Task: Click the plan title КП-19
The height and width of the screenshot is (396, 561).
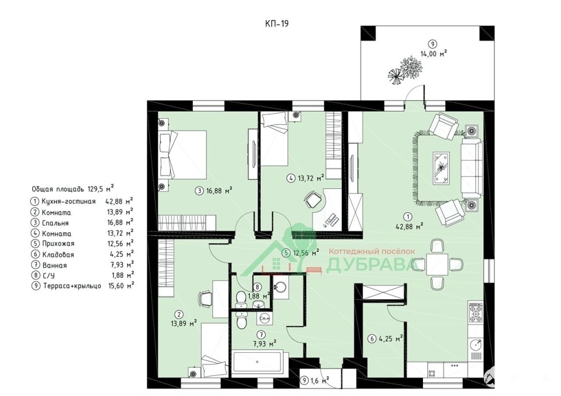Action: tap(277, 24)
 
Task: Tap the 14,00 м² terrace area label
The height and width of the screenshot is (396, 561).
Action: tap(434, 54)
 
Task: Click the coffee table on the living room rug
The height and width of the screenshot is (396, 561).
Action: tap(442, 168)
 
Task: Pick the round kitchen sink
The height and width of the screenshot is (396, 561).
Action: tap(476, 345)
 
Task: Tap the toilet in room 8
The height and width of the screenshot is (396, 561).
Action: tap(241, 299)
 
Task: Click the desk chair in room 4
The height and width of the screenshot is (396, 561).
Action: tap(312, 200)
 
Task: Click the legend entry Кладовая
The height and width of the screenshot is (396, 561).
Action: tap(58, 254)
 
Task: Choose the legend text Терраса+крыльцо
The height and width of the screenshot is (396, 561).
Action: tap(72, 286)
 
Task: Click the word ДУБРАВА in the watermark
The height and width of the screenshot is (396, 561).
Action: tap(370, 265)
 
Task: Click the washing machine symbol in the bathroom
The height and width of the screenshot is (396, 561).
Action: tap(265, 319)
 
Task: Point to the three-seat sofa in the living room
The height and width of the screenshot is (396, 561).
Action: tap(472, 168)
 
